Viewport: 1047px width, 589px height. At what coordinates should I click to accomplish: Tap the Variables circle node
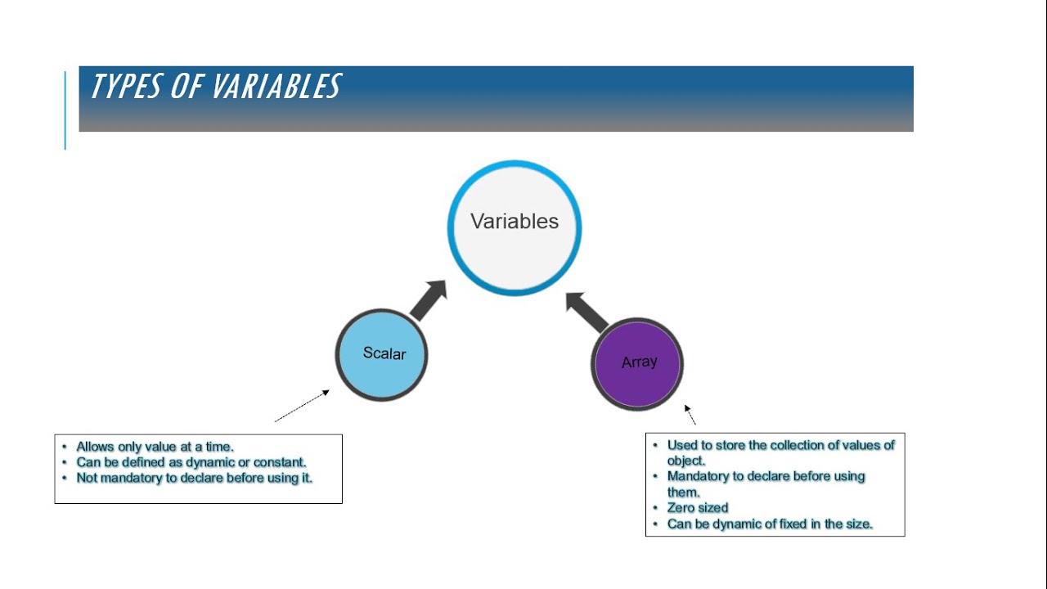point(515,227)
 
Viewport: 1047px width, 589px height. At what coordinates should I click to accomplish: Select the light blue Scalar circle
point(382,354)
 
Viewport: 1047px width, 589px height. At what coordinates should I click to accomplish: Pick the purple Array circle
point(637,363)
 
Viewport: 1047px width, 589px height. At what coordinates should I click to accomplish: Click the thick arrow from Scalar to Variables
point(428,300)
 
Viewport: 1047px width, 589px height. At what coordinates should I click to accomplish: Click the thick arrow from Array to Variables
point(587,311)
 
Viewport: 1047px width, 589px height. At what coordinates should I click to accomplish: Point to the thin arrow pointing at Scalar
point(302,406)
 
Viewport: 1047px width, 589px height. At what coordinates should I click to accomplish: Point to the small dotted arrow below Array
point(690,415)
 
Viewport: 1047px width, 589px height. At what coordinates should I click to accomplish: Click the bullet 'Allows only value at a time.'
point(155,447)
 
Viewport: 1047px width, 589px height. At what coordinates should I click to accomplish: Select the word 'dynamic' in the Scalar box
point(210,462)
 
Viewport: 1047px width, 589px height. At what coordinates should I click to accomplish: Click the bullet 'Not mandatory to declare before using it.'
point(194,478)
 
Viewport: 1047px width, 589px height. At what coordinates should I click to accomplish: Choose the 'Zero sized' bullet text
point(697,508)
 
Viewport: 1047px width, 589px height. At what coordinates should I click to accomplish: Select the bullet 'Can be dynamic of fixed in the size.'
point(770,524)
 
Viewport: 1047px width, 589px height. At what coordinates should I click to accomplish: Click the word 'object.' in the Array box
point(685,461)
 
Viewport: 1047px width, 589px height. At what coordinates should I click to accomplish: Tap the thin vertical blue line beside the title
point(65,110)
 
